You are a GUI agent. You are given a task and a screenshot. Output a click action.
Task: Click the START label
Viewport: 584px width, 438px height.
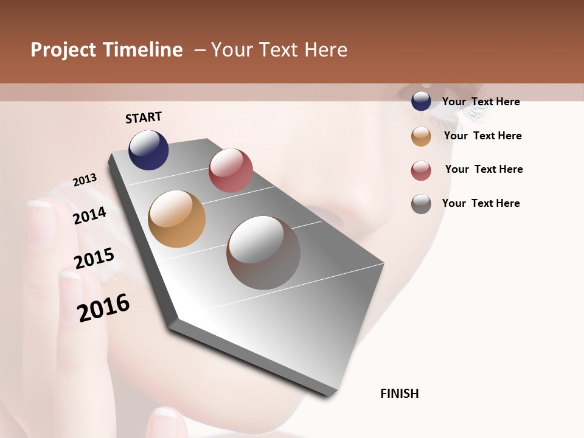click(x=144, y=117)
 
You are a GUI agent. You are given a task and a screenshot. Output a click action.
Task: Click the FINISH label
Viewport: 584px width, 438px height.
click(x=400, y=394)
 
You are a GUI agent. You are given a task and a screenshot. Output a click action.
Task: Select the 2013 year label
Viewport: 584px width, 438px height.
click(x=85, y=180)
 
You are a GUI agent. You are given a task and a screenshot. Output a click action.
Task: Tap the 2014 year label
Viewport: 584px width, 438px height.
click(x=89, y=216)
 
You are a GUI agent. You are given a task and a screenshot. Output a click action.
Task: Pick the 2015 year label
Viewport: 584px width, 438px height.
click(x=94, y=259)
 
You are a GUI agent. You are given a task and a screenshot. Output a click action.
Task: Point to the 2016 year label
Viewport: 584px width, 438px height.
click(x=103, y=308)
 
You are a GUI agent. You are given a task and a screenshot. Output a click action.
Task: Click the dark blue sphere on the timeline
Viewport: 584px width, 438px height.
click(x=148, y=150)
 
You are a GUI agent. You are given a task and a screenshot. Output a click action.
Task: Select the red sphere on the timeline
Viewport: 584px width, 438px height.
click(x=231, y=170)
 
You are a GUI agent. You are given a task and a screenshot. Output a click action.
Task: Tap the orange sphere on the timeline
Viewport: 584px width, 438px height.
click(x=176, y=219)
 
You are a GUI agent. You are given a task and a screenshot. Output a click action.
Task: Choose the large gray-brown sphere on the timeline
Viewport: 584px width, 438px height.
click(x=263, y=252)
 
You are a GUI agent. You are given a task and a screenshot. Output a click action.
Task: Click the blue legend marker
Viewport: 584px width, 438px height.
click(x=421, y=102)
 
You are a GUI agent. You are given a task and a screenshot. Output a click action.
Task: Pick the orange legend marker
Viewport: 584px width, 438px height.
click(x=421, y=136)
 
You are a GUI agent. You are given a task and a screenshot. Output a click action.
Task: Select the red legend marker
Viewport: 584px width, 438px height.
click(x=421, y=170)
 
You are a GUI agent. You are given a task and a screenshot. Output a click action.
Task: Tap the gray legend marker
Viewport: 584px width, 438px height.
click(x=421, y=204)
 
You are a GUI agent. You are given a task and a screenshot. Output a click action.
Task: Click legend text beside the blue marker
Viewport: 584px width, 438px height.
click(x=481, y=102)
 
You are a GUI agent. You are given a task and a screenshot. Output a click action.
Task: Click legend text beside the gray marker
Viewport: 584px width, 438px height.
click(x=481, y=203)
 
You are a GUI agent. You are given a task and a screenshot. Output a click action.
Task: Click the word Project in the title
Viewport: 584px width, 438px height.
click(x=63, y=50)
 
